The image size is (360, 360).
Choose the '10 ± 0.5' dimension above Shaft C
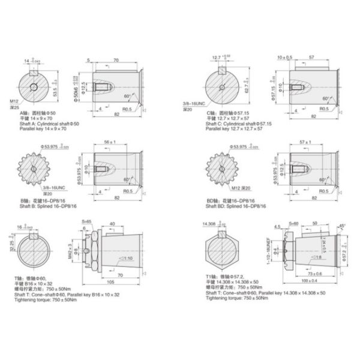point(284,58)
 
